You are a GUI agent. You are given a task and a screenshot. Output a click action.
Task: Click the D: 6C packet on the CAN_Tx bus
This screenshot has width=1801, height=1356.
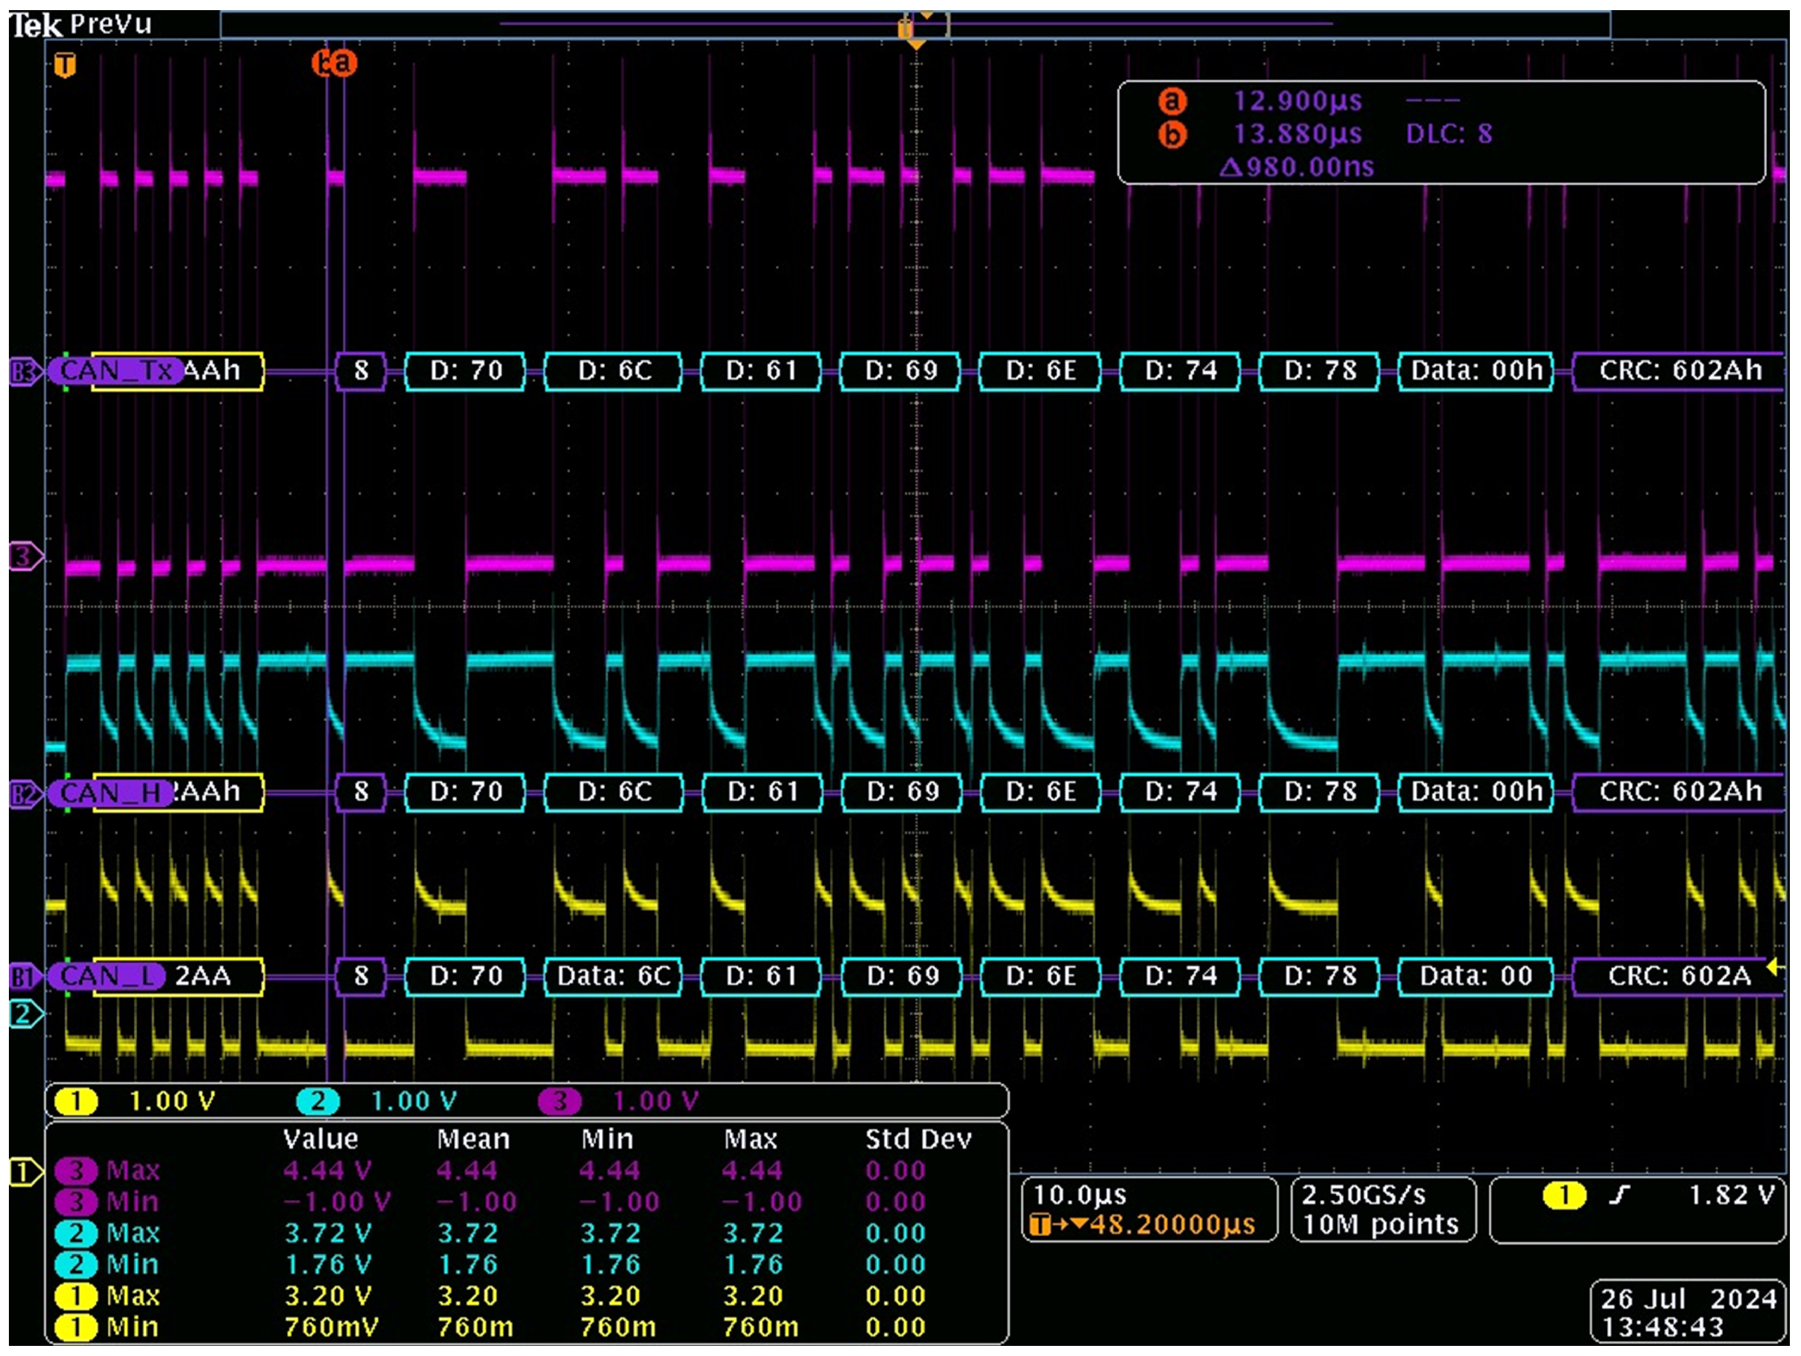614,371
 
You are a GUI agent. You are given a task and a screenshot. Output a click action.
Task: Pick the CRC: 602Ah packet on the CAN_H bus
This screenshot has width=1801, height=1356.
1679,791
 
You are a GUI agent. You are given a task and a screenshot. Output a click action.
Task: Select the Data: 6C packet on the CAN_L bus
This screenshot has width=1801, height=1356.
613,975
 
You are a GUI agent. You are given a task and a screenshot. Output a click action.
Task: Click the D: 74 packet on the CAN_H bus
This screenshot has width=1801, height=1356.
1181,791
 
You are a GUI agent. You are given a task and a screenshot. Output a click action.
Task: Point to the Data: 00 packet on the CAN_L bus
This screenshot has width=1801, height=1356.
1475,975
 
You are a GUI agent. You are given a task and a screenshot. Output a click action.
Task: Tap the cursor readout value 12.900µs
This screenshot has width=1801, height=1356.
1297,101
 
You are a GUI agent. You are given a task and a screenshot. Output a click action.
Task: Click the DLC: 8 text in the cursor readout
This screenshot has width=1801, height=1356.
1450,133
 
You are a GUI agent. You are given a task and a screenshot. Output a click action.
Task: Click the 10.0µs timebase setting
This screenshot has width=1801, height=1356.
1080,1195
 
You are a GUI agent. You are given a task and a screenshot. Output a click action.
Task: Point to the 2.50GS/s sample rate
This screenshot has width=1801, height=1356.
1363,1195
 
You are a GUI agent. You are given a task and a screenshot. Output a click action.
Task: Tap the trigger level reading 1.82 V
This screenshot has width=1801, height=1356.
1731,1195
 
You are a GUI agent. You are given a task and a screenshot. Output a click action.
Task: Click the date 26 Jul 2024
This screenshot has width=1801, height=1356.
1688,1298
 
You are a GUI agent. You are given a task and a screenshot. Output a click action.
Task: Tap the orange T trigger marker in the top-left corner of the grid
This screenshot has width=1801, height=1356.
65,64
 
